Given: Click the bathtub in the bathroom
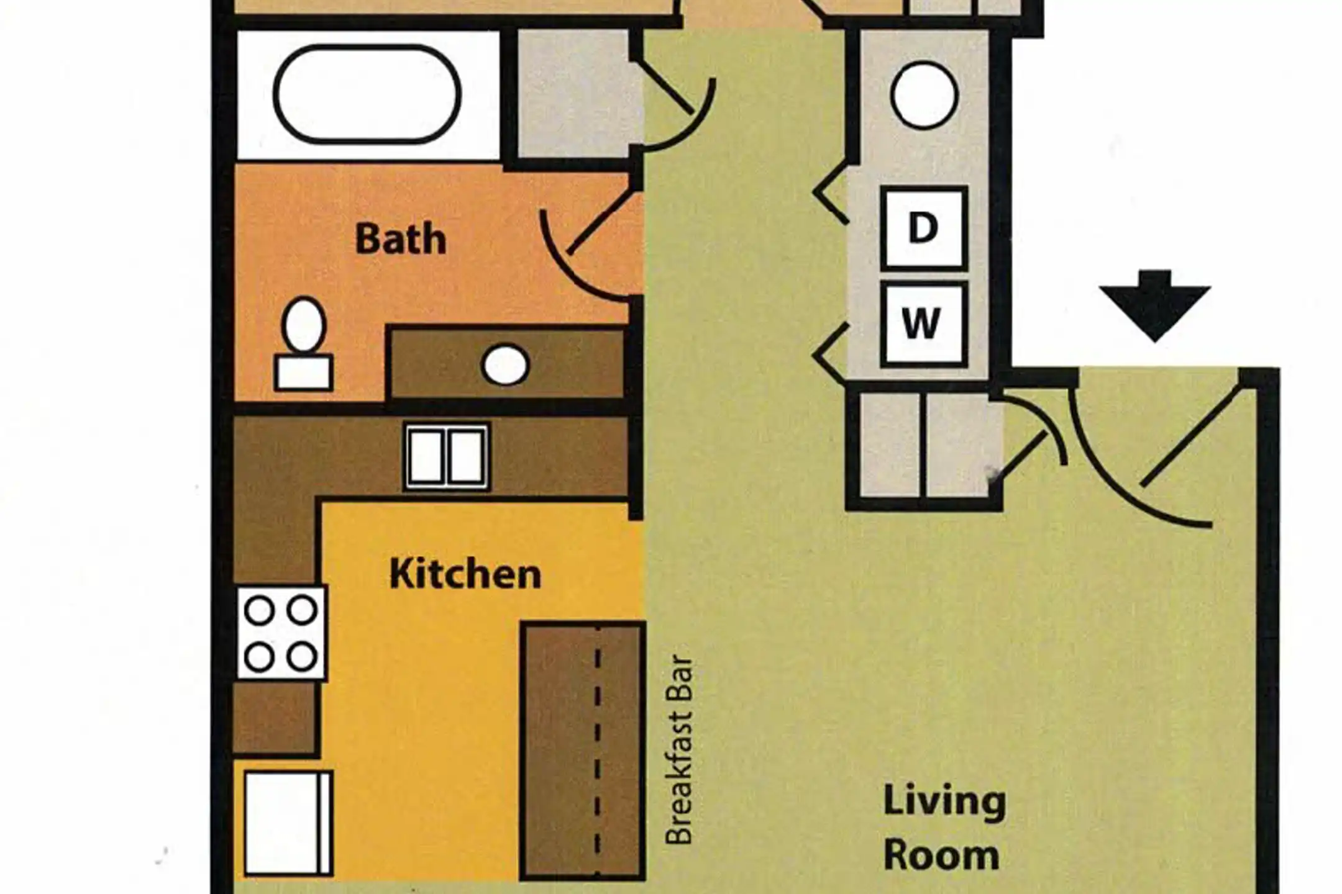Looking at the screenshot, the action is click(x=367, y=94).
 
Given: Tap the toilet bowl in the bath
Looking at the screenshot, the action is click(x=304, y=325).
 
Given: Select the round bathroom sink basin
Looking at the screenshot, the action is click(x=505, y=365).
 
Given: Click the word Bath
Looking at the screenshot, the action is click(x=401, y=239).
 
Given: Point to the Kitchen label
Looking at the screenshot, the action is click(x=465, y=574).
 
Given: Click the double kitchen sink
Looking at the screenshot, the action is click(x=447, y=456).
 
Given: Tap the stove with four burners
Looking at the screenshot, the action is click(x=281, y=633).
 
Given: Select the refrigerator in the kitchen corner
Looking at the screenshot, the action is click(x=288, y=823).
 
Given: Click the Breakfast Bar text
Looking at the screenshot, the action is click(x=678, y=750).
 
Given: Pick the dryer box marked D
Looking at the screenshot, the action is click(x=924, y=228).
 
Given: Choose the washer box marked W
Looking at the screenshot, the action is click(x=924, y=323).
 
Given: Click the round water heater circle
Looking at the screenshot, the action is click(x=924, y=96).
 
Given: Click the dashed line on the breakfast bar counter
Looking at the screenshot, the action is click(x=598, y=751).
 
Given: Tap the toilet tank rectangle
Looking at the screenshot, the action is click(x=304, y=372).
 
